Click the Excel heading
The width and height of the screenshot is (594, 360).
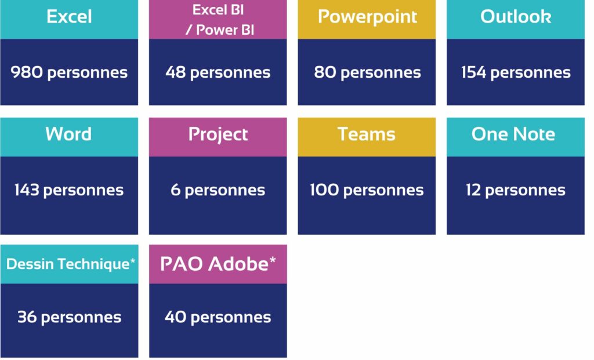point(69,17)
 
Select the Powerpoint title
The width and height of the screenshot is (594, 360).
point(367,17)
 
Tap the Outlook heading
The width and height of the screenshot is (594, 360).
point(516,17)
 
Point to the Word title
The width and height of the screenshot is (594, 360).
point(68,134)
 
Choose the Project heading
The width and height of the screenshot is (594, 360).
point(218,134)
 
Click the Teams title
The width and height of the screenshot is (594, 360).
point(367,134)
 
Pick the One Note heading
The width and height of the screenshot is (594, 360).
point(513,134)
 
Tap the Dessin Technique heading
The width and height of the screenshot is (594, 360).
point(71,264)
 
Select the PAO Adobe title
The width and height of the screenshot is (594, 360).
point(218,264)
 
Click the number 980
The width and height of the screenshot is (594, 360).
point(27,72)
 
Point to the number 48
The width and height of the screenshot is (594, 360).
point(175,72)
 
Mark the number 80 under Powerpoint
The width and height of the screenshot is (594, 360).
point(325,72)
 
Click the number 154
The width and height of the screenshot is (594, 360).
point(473,72)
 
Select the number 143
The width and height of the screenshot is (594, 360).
point(27,190)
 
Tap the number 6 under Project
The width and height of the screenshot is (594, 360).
point(175,190)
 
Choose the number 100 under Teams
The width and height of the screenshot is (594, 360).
point(324,190)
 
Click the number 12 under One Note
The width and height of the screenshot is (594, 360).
point(473,190)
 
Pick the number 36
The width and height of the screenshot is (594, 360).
point(27,317)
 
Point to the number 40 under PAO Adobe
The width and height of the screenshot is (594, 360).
point(175,317)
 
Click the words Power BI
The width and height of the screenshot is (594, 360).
point(225,30)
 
